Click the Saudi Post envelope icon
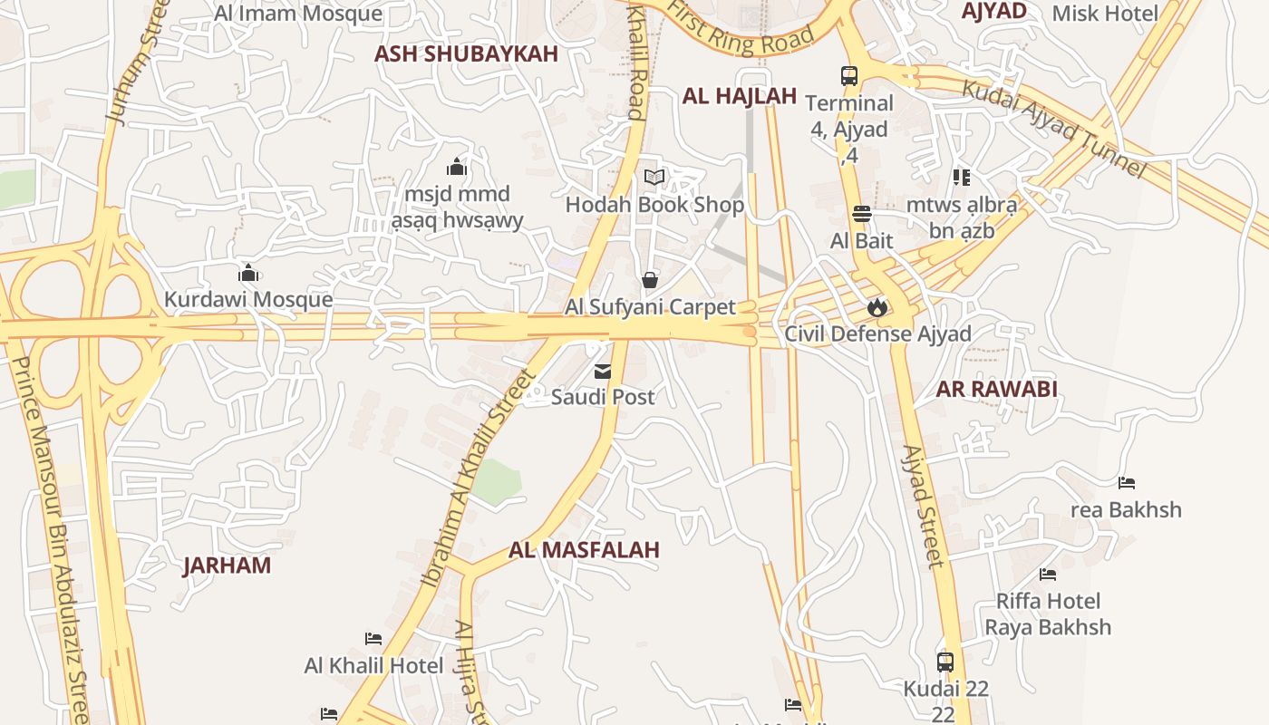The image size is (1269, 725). [602, 371]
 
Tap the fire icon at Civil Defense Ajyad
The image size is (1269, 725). [877, 307]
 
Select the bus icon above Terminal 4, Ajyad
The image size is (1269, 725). [849, 76]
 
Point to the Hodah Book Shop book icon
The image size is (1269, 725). [654, 178]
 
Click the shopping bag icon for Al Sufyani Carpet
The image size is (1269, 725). [650, 280]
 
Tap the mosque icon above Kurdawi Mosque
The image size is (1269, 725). [248, 273]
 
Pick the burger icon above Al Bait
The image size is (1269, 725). [861, 214]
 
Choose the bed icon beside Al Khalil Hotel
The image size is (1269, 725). [373, 639]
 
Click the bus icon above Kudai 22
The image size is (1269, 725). [945, 662]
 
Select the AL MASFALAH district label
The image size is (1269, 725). [584, 550]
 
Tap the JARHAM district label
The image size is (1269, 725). [227, 565]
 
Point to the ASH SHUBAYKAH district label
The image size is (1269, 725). [466, 53]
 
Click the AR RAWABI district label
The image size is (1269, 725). [996, 390]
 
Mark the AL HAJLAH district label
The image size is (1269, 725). [739, 96]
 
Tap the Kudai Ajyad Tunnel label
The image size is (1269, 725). [1053, 128]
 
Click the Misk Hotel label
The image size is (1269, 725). [1105, 13]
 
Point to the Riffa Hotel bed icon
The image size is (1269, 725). [1048, 575]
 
